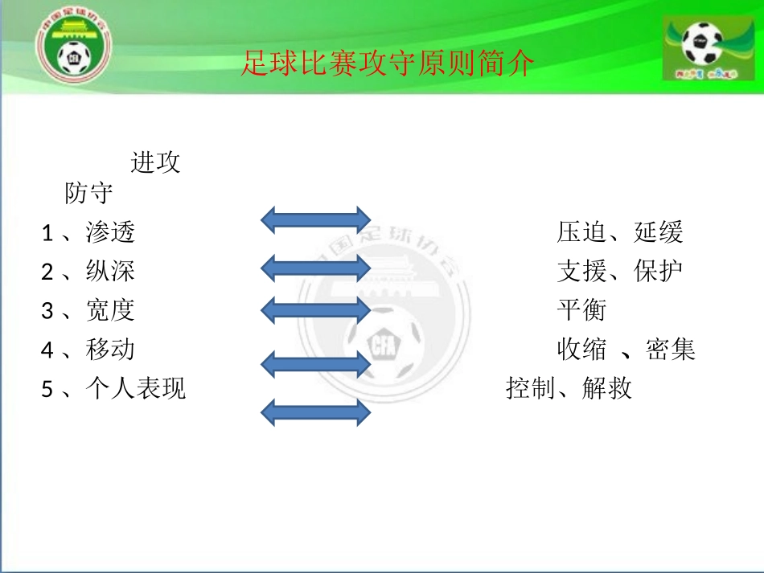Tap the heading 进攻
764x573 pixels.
pos(155,162)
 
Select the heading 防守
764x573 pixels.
pos(88,194)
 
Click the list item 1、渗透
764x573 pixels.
pos(88,233)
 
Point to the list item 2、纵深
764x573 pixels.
pos(88,272)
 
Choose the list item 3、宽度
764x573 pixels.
pos(88,310)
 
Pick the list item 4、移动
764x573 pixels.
pos(88,350)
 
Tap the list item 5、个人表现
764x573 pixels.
pos(113,389)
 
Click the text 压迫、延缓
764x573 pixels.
pos(620,233)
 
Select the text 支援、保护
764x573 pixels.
pos(620,272)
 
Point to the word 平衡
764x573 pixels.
pos(581,310)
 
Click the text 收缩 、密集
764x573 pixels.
pos(626,350)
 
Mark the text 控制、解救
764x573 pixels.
pos(569,389)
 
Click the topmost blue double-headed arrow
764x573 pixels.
pos(316,219)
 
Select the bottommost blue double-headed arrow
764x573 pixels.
pos(316,412)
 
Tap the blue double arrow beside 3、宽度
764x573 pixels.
pos(316,309)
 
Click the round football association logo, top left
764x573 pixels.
pos(75,48)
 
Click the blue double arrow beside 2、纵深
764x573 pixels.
pos(316,268)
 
